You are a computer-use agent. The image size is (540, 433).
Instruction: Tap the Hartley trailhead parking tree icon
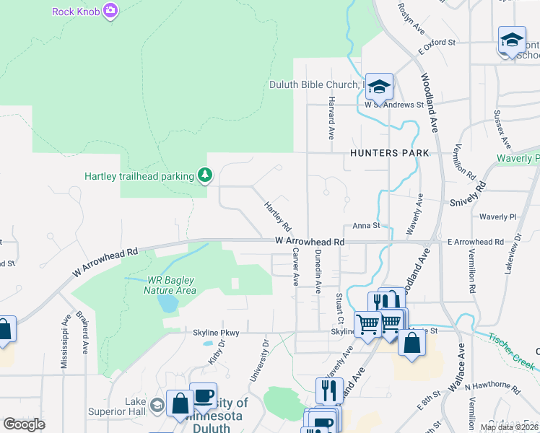point(206,175)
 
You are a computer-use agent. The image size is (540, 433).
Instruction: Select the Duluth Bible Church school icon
point(379,87)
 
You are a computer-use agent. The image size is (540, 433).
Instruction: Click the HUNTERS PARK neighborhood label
point(389,153)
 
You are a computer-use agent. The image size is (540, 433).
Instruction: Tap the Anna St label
point(366,226)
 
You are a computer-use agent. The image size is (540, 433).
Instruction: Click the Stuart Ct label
point(339,308)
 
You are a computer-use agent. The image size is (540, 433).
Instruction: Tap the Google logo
point(25,424)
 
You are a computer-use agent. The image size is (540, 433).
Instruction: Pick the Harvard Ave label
point(331,118)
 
